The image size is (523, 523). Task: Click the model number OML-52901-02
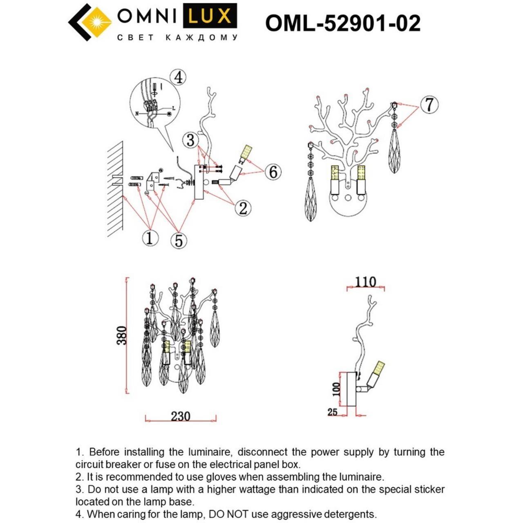342,23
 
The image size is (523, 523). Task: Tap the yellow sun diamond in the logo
96,22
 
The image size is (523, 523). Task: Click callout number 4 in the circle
178,77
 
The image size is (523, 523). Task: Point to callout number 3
190,140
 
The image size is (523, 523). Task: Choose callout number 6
273,172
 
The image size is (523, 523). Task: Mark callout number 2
243,208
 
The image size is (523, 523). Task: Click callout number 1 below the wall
150,237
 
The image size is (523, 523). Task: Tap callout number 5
179,240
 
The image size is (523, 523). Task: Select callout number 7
429,105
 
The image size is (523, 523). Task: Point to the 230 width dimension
180,416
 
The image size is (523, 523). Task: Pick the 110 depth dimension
365,282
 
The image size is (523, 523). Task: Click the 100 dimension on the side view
336,389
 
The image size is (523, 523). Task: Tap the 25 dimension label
332,412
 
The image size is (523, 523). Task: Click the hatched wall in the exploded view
116,188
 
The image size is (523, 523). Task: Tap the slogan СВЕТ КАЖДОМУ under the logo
177,38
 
